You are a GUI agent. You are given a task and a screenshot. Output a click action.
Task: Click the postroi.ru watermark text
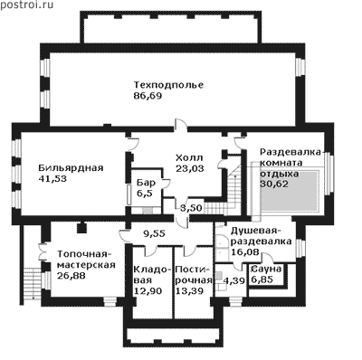tap(26, 5)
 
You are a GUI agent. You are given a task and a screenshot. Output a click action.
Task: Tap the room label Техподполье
tap(168, 85)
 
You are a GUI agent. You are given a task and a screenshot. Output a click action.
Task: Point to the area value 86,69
tap(148, 96)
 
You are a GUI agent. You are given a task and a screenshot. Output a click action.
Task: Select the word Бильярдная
tap(71, 168)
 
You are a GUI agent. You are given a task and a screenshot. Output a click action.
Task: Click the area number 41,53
tap(52, 179)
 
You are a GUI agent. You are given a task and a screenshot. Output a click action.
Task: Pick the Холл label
tap(189, 157)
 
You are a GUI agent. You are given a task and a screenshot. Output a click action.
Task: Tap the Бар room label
tap(147, 183)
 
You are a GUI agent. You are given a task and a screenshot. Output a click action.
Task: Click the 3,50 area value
tap(191, 208)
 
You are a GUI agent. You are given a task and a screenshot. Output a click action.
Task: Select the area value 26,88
tap(71, 275)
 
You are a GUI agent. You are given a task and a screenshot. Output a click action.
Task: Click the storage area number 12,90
tap(148, 291)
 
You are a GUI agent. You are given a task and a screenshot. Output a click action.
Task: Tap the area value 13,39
tap(189, 291)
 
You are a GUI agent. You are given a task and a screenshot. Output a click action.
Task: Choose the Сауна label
tap(266, 269)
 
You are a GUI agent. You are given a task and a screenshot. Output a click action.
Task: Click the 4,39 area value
tap(233, 280)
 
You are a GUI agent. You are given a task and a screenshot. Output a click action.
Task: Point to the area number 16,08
tap(245, 251)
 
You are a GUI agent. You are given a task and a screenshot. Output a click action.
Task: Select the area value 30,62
tap(274, 184)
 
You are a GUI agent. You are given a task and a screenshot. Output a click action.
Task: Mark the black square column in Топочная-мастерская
tap(81, 228)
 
